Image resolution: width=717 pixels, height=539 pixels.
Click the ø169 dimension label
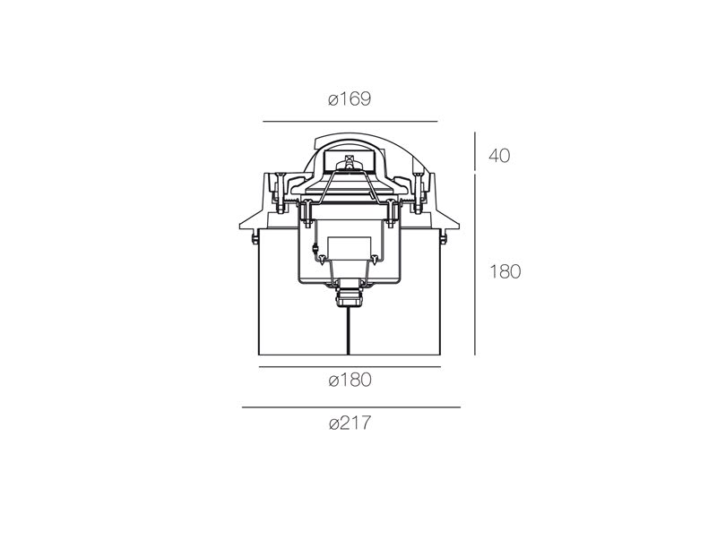pos(350,99)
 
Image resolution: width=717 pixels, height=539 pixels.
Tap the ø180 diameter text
pos(350,380)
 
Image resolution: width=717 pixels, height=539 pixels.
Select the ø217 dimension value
pos(350,423)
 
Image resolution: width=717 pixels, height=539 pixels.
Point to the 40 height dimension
pos(499,156)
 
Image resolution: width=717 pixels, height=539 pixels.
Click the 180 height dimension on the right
pos(505,272)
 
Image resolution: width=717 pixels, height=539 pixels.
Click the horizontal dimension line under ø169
pos(350,122)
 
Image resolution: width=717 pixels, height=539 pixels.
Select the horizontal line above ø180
pos(350,367)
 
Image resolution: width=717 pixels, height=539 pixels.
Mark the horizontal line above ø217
pos(351,407)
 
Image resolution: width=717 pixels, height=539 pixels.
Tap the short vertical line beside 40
pos(475,151)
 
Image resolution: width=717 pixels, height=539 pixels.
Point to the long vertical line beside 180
pos(475,264)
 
